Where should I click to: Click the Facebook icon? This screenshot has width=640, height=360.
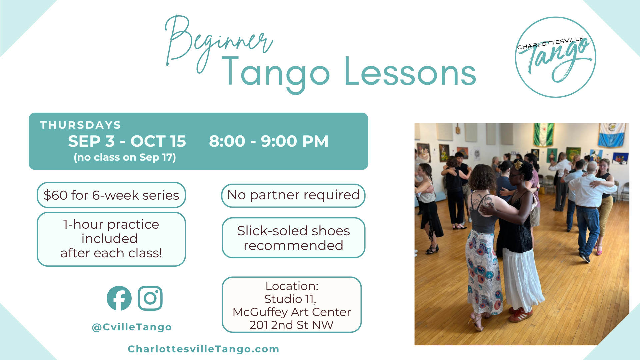tap(119, 298)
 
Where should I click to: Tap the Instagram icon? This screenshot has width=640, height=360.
tap(150, 298)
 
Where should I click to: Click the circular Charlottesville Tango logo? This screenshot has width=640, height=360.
tap(556, 57)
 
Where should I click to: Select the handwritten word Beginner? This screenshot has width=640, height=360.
tap(218, 43)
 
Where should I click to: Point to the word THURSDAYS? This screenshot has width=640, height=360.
tap(80, 125)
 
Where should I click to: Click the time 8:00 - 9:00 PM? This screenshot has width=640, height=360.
tap(269, 141)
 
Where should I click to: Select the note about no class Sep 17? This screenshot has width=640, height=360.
tap(125, 157)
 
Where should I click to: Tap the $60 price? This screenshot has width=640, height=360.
tap(56, 195)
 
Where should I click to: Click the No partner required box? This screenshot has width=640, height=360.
tap(293, 196)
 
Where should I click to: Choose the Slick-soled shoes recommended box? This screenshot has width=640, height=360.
tap(293, 238)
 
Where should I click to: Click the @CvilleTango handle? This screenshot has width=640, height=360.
tap(132, 327)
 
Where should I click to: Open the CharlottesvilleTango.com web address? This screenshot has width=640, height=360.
tap(203, 349)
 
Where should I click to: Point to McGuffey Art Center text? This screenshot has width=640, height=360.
tap(292, 312)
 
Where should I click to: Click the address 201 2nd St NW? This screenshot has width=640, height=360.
tap(292, 325)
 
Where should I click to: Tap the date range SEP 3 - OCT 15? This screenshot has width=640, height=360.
tap(127, 141)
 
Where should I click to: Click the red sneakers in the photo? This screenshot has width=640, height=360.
tap(521, 315)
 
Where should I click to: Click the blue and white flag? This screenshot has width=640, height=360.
tap(611, 135)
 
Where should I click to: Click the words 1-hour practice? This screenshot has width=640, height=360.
tap(111, 224)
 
